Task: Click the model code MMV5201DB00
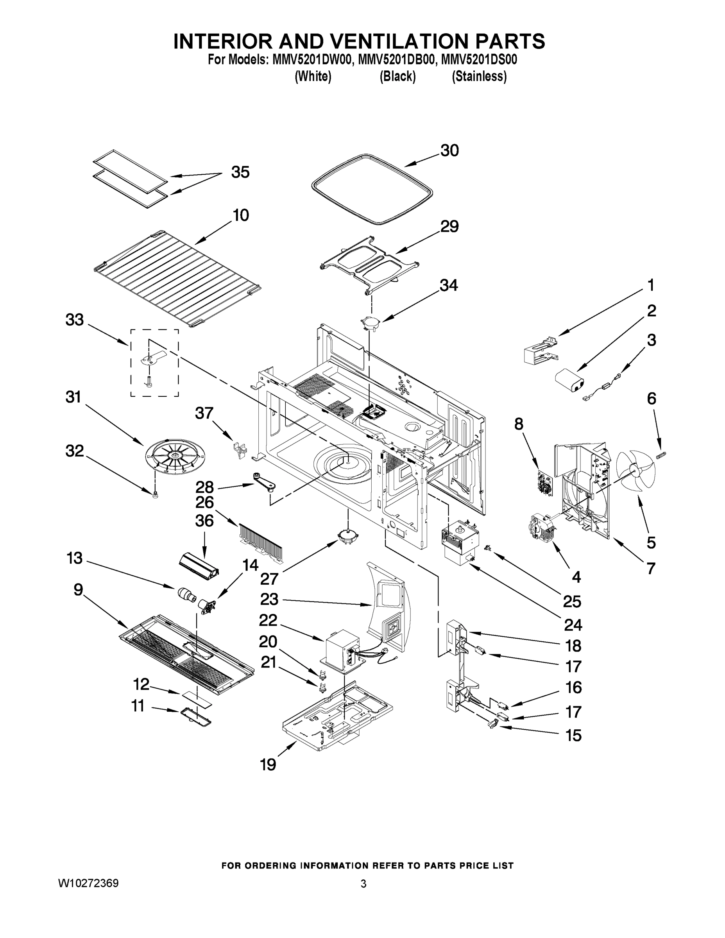(395, 59)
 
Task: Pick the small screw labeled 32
(156, 495)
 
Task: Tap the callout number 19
(268, 764)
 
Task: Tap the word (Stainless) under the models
(479, 77)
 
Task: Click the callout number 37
(204, 413)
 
